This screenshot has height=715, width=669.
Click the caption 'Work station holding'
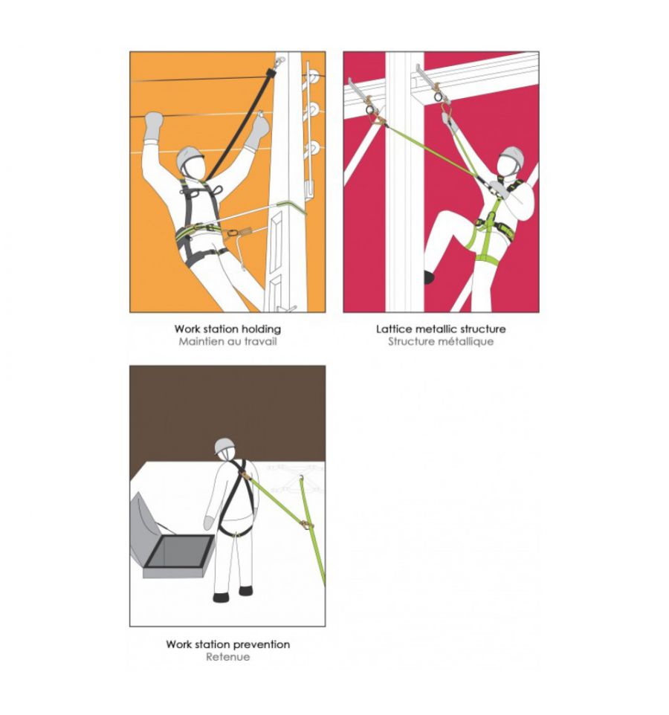pos(227,329)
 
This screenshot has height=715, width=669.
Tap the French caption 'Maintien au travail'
pos(227,342)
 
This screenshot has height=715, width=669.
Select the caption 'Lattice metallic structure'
pos(441,329)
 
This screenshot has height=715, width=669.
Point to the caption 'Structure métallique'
pos(441,342)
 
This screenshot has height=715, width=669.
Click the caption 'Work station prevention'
pos(227,644)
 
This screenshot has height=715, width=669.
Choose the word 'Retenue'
pos(227,657)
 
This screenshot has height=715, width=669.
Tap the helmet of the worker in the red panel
pos(511,155)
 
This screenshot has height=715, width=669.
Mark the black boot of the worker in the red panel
pos(429,276)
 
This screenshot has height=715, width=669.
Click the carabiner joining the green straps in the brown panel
pos(307,525)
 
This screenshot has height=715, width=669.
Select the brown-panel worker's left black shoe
pos(222,597)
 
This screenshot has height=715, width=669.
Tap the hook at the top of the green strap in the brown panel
pos(301,478)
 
